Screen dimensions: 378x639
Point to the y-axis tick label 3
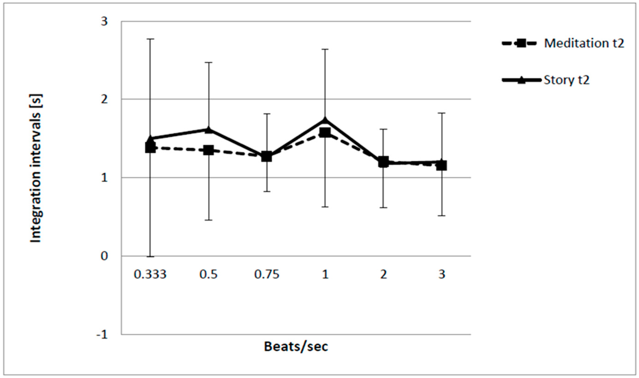pyautogui.click(x=104, y=21)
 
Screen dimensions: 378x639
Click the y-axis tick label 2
pyautogui.click(x=104, y=99)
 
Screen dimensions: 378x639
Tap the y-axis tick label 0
pyautogui.click(x=104, y=256)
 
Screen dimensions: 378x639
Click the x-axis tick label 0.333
pyautogui.click(x=150, y=275)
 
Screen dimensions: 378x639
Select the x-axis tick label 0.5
pyautogui.click(x=209, y=275)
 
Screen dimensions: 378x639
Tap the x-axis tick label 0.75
pyautogui.click(x=267, y=275)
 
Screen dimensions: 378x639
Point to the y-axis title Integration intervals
pyautogui.click(x=36, y=168)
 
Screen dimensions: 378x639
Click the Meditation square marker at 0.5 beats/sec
pyautogui.click(x=209, y=150)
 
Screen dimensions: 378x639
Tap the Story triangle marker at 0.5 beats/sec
pyautogui.click(x=209, y=130)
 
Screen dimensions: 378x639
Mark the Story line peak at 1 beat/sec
pyautogui.click(x=325, y=120)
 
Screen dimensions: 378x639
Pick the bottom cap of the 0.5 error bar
pyautogui.click(x=209, y=220)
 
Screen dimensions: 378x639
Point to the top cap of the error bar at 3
pyautogui.click(x=442, y=113)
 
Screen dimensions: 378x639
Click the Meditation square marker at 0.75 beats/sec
pyautogui.click(x=267, y=156)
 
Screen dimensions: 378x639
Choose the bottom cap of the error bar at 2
pyautogui.click(x=383, y=208)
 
